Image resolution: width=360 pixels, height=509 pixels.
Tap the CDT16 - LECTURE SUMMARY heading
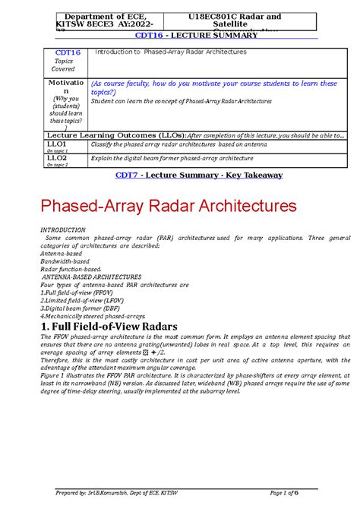(180, 36)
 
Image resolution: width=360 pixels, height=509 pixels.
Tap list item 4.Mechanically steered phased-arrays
(92, 316)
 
